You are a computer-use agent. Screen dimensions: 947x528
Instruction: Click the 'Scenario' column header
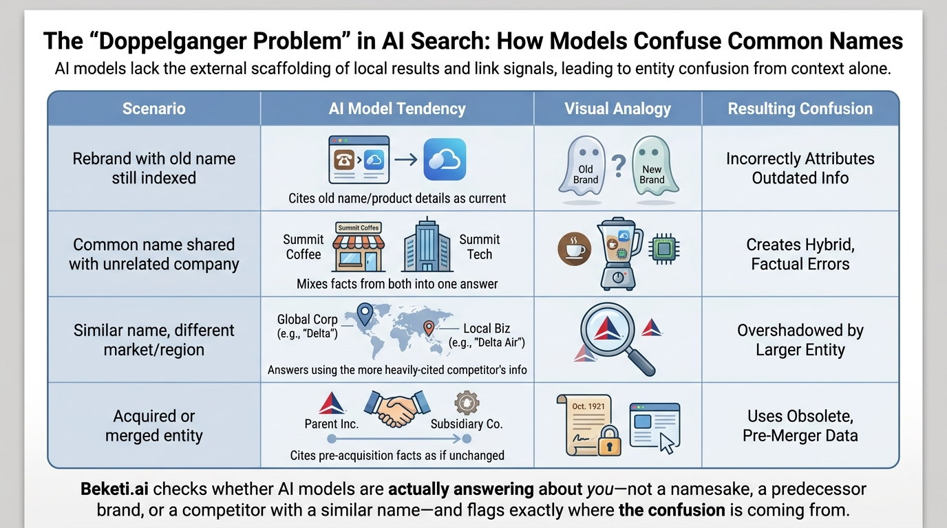click(x=154, y=109)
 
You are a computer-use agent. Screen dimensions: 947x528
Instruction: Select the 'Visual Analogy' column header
click(x=617, y=109)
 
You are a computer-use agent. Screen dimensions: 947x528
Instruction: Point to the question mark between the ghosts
click(x=619, y=166)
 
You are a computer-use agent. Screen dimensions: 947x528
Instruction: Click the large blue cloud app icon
click(x=445, y=159)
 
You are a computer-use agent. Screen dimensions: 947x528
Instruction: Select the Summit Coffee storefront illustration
click(x=359, y=247)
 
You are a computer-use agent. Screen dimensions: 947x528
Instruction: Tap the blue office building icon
click(x=427, y=245)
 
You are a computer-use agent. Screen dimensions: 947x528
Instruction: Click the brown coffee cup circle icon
click(x=574, y=248)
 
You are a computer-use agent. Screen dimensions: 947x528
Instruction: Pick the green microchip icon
click(x=663, y=249)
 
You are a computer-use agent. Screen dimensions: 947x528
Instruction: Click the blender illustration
click(x=619, y=254)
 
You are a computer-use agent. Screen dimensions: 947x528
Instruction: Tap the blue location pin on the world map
click(x=365, y=314)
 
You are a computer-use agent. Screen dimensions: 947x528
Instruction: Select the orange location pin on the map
click(x=429, y=328)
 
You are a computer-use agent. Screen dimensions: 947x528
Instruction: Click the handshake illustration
click(x=397, y=408)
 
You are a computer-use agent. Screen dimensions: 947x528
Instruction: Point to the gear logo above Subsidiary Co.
click(x=467, y=403)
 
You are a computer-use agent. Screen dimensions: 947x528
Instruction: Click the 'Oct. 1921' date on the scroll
click(x=588, y=406)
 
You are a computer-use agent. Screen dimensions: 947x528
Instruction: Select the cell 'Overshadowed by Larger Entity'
click(x=800, y=340)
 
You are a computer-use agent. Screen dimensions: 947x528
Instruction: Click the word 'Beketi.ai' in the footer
click(x=114, y=489)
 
